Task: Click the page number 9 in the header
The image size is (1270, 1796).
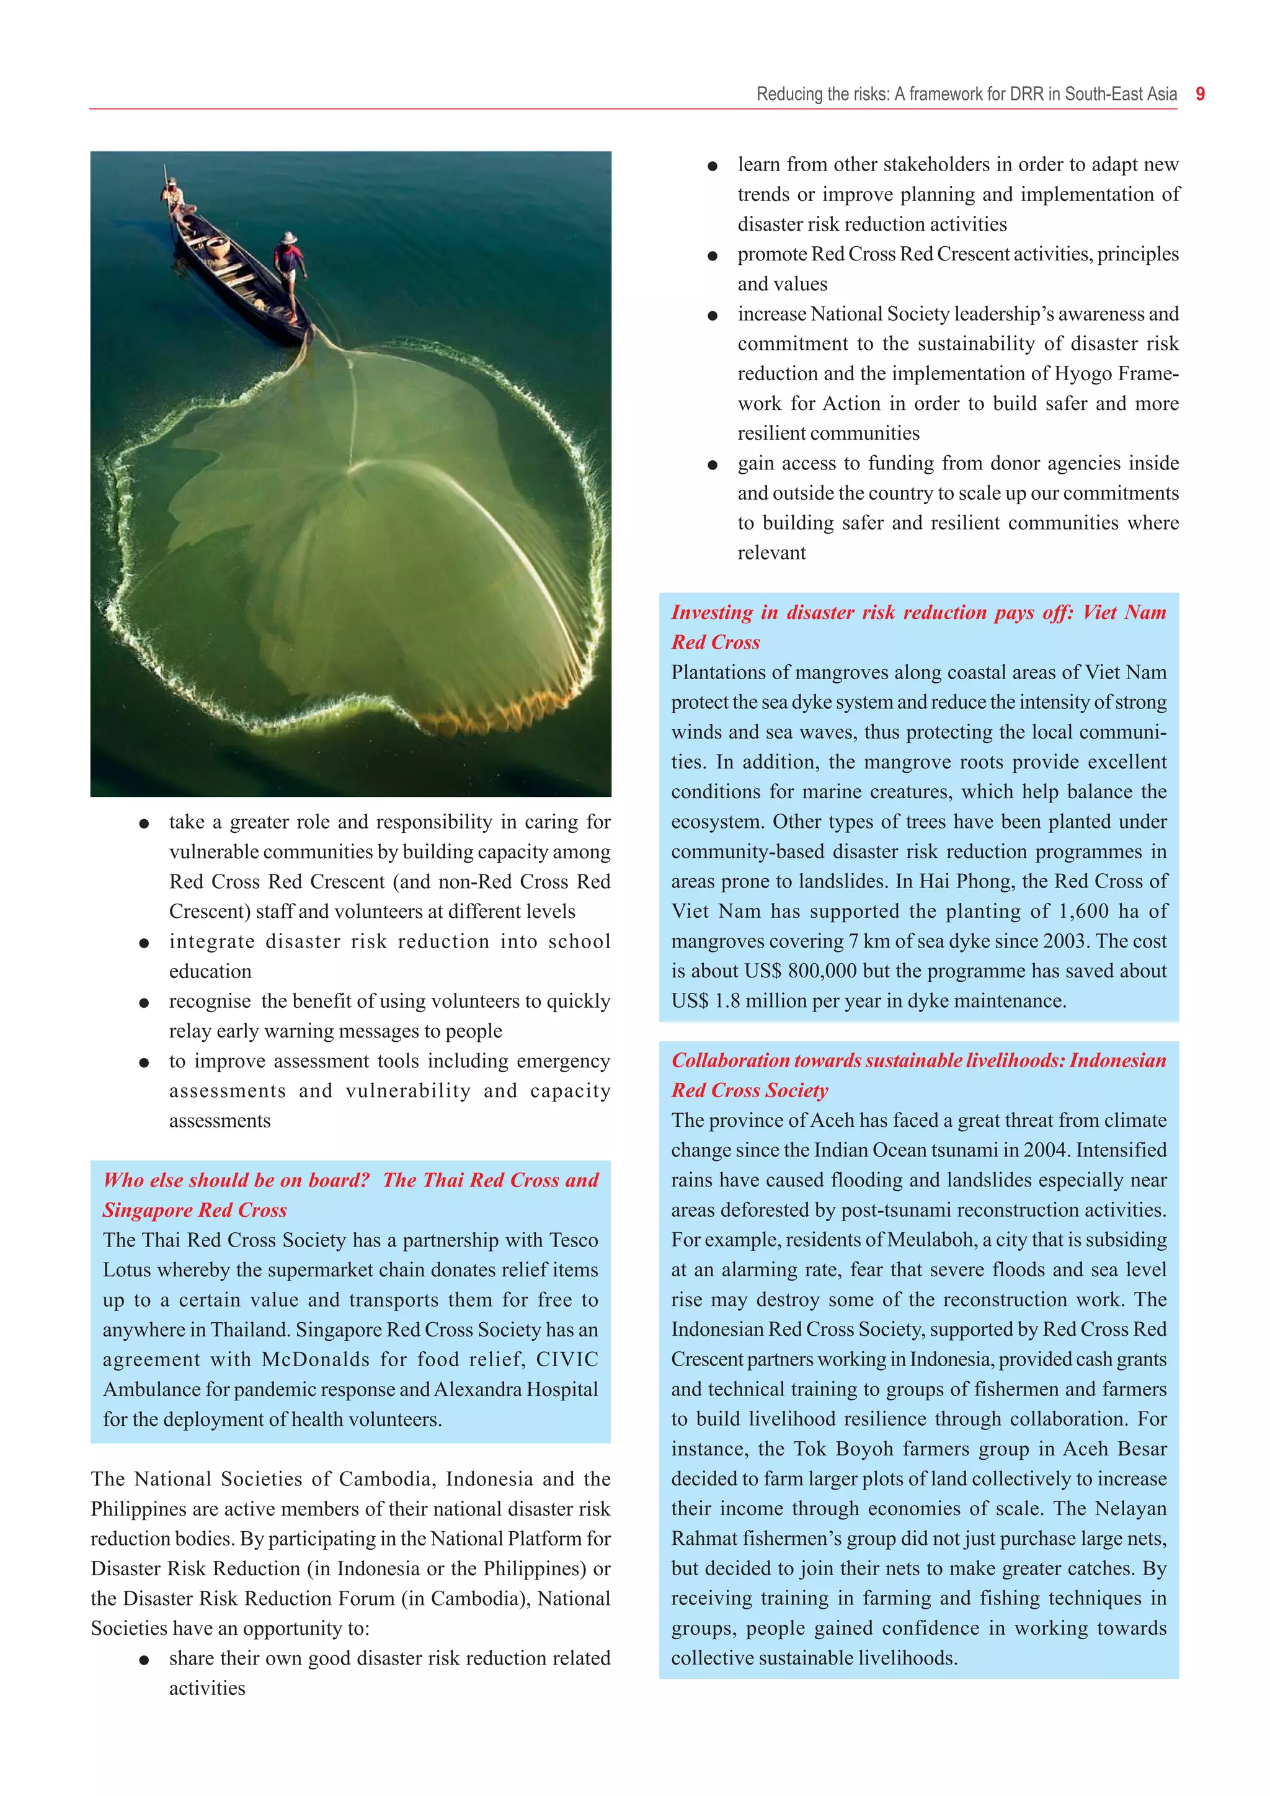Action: coord(1201,95)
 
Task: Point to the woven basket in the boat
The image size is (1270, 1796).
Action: coord(218,249)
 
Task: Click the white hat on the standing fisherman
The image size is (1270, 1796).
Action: coord(290,237)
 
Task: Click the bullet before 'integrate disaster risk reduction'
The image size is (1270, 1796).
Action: coord(144,943)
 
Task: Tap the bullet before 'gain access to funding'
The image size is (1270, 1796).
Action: coord(713,465)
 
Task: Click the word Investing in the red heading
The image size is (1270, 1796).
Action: coord(712,613)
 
